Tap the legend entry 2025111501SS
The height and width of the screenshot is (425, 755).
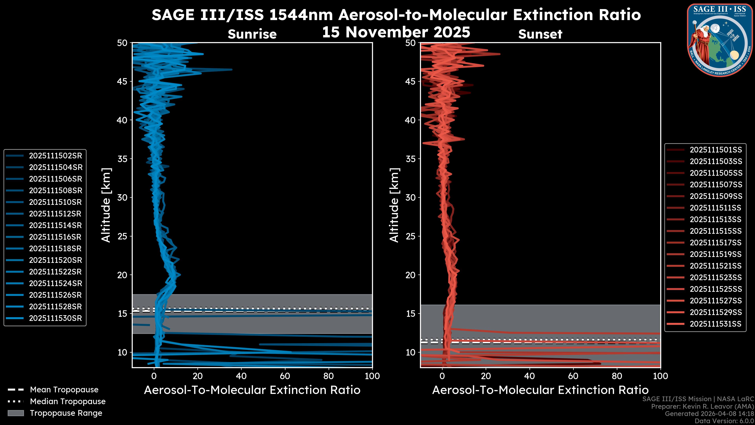click(x=716, y=150)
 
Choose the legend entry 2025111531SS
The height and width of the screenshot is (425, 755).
click(x=716, y=324)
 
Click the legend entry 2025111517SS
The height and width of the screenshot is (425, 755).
click(x=716, y=243)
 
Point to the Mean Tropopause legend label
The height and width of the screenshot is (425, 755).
click(x=64, y=390)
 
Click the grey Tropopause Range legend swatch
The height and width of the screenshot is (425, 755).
click(x=16, y=413)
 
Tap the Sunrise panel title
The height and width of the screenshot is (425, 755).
click(x=252, y=34)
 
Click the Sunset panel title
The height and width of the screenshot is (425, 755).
click(x=540, y=34)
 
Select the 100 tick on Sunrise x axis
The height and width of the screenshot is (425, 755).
click(x=372, y=376)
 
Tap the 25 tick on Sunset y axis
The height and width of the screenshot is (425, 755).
click(x=411, y=236)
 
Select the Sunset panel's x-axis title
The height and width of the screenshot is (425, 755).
click(x=540, y=390)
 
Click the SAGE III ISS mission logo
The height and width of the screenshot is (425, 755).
click(x=720, y=40)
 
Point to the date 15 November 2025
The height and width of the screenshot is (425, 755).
click(x=396, y=32)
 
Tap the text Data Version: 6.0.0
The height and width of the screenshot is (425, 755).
click(x=725, y=421)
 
